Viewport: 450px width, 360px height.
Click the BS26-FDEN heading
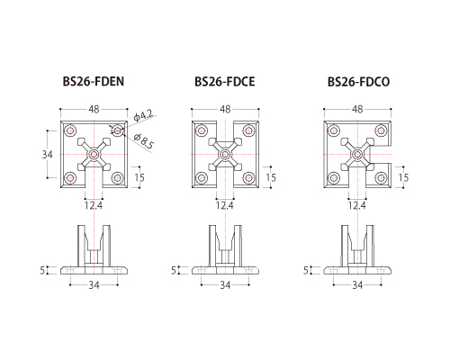point(94,82)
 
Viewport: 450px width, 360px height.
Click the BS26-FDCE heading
point(225,82)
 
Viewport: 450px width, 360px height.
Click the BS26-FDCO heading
point(358,82)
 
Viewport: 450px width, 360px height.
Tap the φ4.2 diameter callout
point(143,115)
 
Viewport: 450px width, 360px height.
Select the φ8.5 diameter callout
point(144,141)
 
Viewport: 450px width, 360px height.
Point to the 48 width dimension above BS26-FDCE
point(225,109)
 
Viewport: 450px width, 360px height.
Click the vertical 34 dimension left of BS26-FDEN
point(47,155)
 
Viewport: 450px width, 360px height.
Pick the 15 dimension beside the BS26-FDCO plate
point(403,177)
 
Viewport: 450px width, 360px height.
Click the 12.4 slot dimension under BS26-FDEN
point(94,206)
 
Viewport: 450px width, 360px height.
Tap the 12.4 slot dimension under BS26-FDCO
point(357,206)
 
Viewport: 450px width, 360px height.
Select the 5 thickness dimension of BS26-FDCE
point(174,270)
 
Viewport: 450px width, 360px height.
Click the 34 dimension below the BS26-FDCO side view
point(357,285)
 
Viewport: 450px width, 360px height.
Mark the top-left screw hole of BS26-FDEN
point(70,130)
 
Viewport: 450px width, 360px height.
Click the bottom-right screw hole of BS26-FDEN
point(117,178)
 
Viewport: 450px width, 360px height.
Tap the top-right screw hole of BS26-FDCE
point(248,130)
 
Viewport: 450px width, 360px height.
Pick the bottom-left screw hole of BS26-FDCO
point(334,178)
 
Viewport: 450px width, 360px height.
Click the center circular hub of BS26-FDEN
point(94,155)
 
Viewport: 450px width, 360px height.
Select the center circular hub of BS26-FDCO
point(357,155)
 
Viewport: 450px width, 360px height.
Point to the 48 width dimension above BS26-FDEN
point(94,109)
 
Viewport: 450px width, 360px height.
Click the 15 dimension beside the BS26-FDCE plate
point(271,177)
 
